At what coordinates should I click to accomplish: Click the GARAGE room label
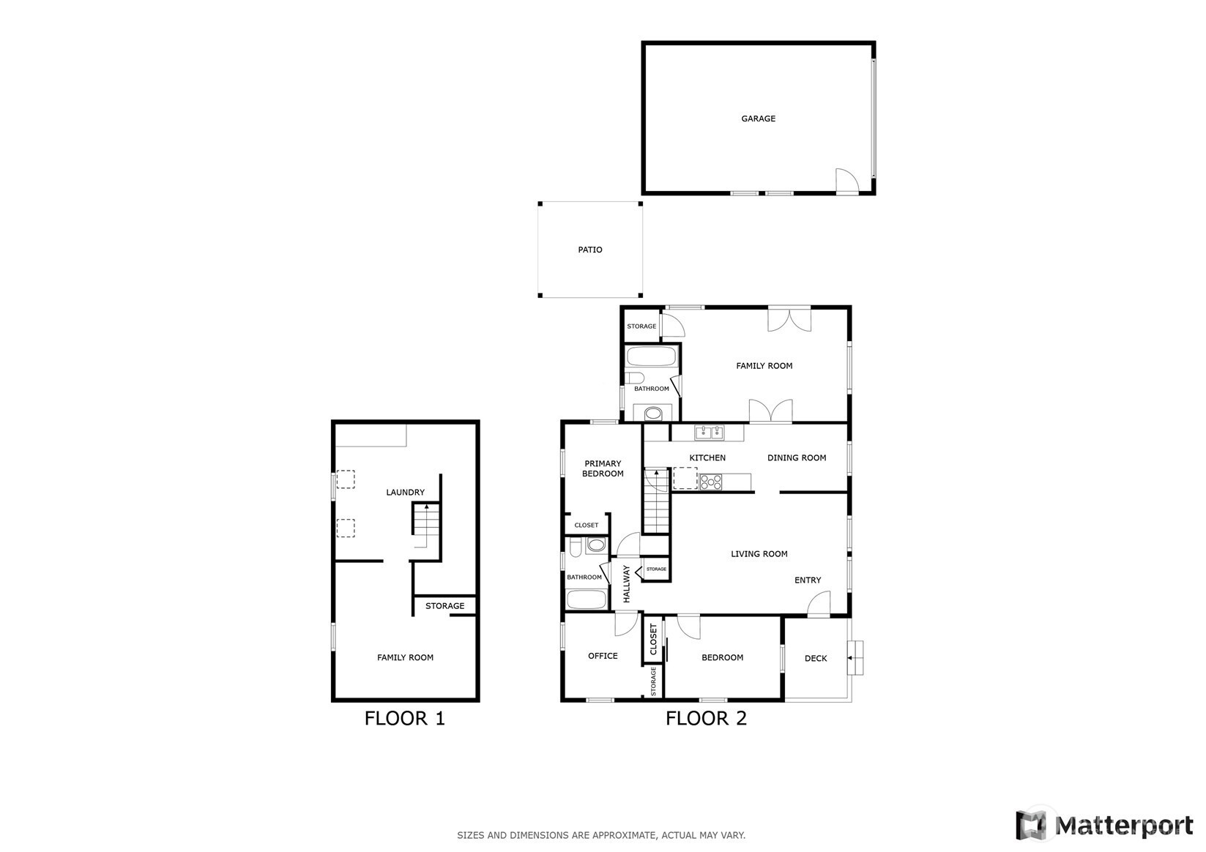click(758, 119)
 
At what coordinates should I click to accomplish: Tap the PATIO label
click(590, 250)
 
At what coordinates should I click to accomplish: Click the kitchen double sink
click(709, 432)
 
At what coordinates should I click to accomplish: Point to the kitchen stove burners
click(711, 482)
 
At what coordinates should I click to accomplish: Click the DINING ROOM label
click(796, 458)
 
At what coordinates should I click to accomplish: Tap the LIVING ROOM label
click(759, 554)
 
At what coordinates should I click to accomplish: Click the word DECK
click(816, 658)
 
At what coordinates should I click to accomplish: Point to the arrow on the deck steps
click(851, 657)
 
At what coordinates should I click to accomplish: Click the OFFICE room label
click(603, 656)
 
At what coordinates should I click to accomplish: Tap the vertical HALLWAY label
click(626, 584)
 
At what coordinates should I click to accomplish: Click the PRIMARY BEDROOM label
click(603, 468)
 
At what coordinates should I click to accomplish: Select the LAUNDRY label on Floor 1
click(406, 492)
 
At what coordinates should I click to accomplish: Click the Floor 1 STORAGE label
click(444, 606)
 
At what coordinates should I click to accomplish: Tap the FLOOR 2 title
click(706, 719)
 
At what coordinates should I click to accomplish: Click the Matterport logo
click(1104, 825)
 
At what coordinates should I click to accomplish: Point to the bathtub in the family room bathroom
click(652, 356)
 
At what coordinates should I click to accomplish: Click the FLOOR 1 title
click(404, 719)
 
